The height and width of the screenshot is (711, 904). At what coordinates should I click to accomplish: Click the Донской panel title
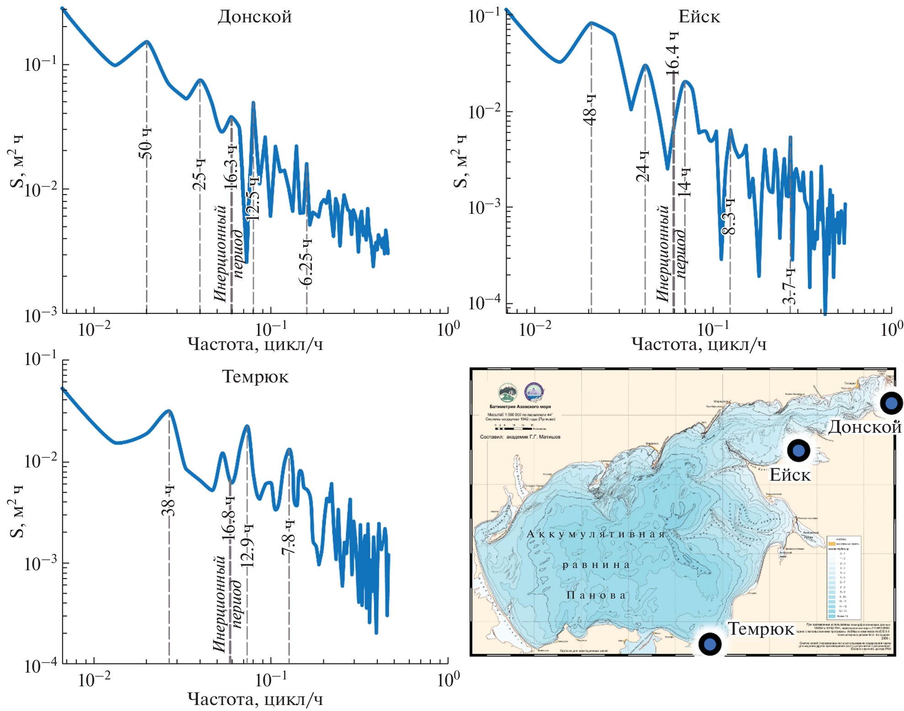[254, 17]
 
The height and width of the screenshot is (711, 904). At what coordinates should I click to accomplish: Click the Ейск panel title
[699, 17]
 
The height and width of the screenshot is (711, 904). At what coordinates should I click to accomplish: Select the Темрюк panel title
[255, 377]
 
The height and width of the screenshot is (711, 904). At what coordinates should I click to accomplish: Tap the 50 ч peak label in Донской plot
[145, 143]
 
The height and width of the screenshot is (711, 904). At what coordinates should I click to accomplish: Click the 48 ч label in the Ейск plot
[590, 110]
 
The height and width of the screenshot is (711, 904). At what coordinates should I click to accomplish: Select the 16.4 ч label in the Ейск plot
[673, 53]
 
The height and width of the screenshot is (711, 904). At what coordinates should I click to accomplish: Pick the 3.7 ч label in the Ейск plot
[790, 287]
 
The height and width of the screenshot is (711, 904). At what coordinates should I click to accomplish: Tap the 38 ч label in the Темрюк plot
[168, 500]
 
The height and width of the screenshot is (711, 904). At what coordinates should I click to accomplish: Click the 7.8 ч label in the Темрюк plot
[289, 537]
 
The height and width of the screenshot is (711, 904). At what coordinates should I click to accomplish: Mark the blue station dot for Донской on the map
[891, 403]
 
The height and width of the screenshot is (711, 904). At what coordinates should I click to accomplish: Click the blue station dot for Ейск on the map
[798, 451]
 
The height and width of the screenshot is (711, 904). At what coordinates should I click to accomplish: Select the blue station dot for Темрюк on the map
[709, 644]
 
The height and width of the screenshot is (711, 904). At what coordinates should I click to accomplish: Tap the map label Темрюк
[761, 629]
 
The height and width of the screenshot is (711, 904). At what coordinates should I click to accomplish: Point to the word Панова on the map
[596, 595]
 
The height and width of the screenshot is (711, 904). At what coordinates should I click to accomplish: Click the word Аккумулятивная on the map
[596, 534]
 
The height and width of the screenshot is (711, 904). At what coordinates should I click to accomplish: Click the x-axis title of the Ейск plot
[699, 344]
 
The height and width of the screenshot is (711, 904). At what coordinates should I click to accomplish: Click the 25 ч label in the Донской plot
[199, 174]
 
